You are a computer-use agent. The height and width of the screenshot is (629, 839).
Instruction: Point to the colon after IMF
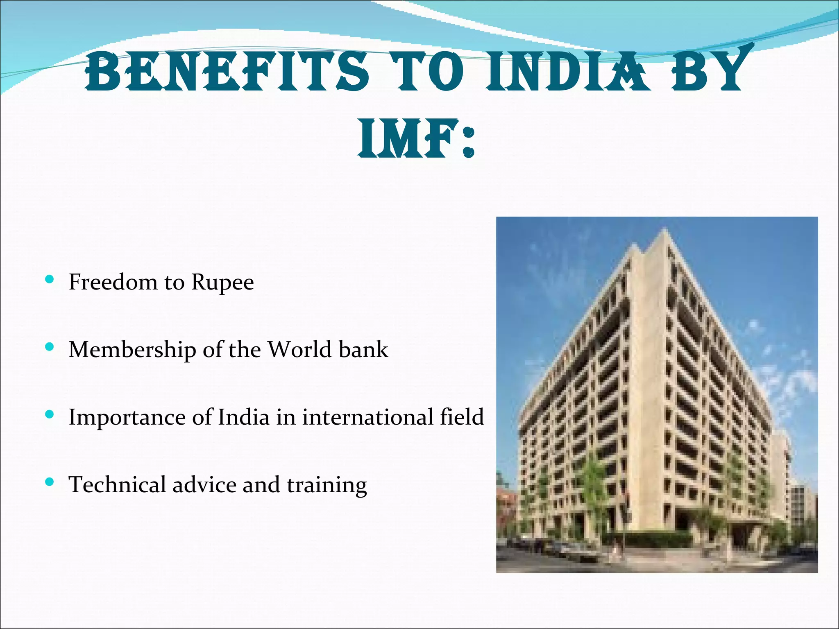468,142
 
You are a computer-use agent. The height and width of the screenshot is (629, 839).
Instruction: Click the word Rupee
222,282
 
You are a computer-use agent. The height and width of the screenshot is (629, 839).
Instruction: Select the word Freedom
113,282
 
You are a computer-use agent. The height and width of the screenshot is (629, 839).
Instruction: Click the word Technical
117,484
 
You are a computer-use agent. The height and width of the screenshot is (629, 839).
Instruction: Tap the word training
327,485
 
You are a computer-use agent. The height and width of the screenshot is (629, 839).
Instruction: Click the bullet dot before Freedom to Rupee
50,280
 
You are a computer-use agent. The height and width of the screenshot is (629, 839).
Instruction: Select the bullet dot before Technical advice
50,482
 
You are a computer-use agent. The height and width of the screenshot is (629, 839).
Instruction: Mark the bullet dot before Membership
50,348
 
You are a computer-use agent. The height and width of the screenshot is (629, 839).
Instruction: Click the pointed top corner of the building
663,230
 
